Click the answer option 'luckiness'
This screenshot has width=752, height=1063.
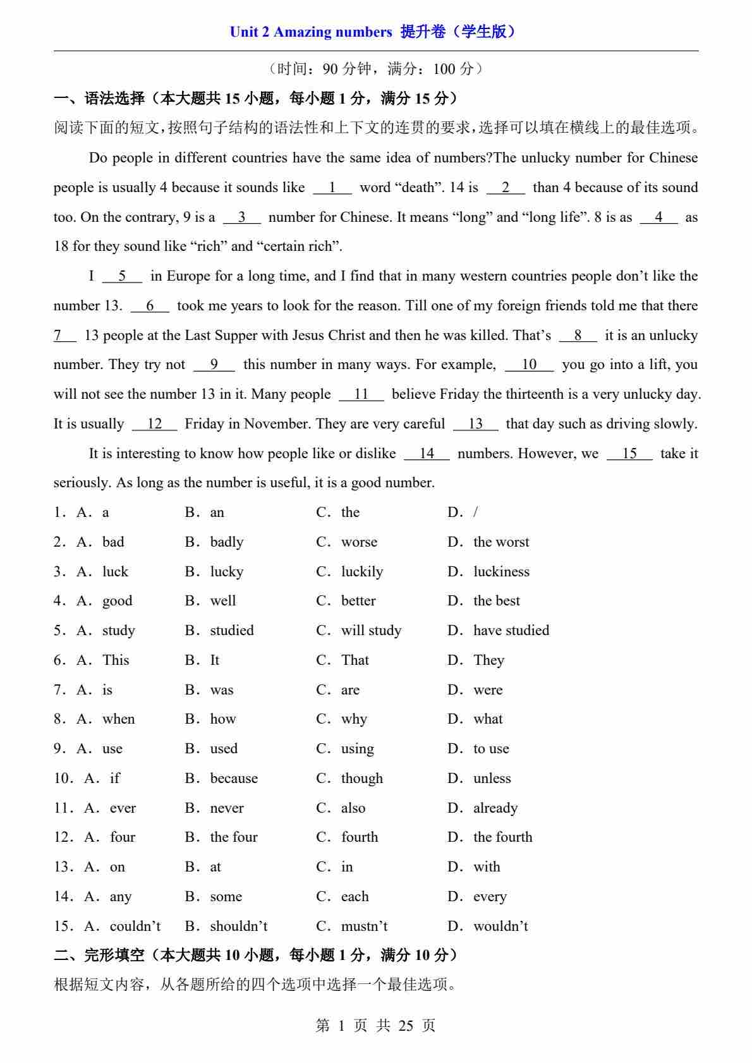tap(501, 571)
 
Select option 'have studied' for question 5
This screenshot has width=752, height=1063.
tap(511, 630)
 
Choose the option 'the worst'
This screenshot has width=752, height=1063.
tap(501, 542)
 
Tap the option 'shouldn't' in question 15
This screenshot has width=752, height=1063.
tap(238, 926)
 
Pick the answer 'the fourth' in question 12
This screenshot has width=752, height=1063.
tap(502, 837)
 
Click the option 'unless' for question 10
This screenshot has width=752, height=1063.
tap(492, 778)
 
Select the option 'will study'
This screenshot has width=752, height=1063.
tap(371, 630)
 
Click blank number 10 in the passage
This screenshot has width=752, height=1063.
tap(530, 365)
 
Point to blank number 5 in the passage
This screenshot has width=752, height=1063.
tap(122, 276)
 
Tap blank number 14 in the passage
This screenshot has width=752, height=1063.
tap(427, 453)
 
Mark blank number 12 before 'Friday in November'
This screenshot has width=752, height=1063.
tap(155, 423)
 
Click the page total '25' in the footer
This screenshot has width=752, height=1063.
tap(406, 1025)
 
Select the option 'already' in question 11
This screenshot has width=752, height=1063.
tap(495, 808)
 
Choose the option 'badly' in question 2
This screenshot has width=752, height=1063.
tap(226, 542)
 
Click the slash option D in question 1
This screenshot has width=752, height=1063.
tap(475, 512)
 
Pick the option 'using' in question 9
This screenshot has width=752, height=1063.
tap(357, 748)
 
